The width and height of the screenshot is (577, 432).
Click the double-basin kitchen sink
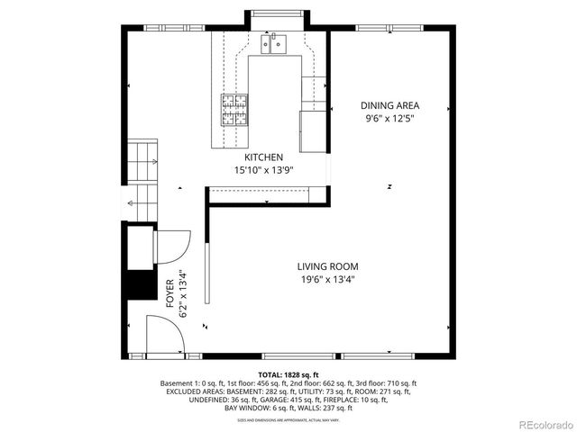pyautogui.click(x=273, y=42)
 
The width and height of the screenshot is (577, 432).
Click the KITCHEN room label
pyautogui.click(x=264, y=157)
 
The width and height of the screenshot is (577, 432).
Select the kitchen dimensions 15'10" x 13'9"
pyautogui.click(x=264, y=169)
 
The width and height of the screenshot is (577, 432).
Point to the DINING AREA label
pyautogui.click(x=389, y=105)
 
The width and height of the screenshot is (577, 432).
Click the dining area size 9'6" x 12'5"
pyautogui.click(x=389, y=118)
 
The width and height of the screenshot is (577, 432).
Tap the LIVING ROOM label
pyautogui.click(x=328, y=266)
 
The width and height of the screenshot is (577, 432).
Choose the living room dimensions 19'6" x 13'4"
pyautogui.click(x=328, y=279)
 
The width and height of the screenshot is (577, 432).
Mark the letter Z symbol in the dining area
pyautogui.click(x=389, y=187)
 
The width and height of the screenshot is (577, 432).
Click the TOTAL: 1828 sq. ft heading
pyautogui.click(x=288, y=373)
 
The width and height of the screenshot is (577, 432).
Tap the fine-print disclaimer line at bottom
pyautogui.click(x=288, y=420)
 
